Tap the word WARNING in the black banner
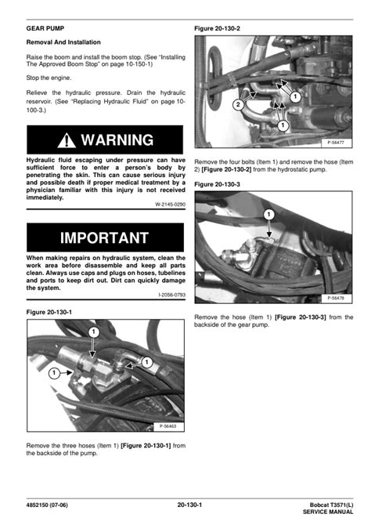pyautogui.click(x=117, y=140)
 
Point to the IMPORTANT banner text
pyautogui.click(x=105, y=237)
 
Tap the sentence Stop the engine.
pyautogui.click(x=52, y=79)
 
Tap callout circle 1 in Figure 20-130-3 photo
pyautogui.click(x=268, y=214)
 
